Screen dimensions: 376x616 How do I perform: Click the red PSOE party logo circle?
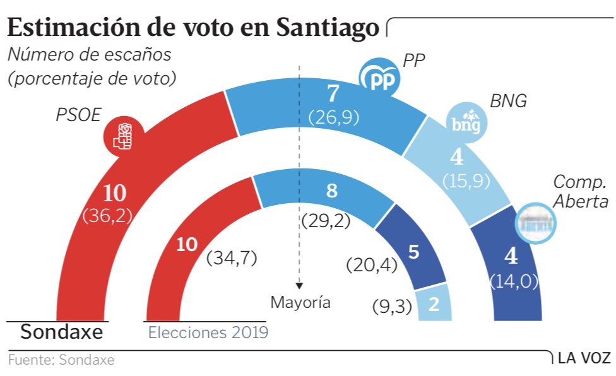pos(124,134)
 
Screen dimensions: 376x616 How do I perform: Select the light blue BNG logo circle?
pos(467,122)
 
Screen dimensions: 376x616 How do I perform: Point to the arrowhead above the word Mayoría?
pos(299,285)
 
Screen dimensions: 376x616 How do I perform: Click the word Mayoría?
pos(300,303)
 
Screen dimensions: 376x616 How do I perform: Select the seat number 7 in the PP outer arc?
pos(333,95)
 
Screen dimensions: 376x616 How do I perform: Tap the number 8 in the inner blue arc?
pos(331,191)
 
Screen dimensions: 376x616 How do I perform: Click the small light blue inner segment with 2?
pos(434,305)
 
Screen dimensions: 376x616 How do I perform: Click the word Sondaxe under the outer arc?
pos(61,332)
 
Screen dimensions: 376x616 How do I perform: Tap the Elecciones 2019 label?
pos(208,332)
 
